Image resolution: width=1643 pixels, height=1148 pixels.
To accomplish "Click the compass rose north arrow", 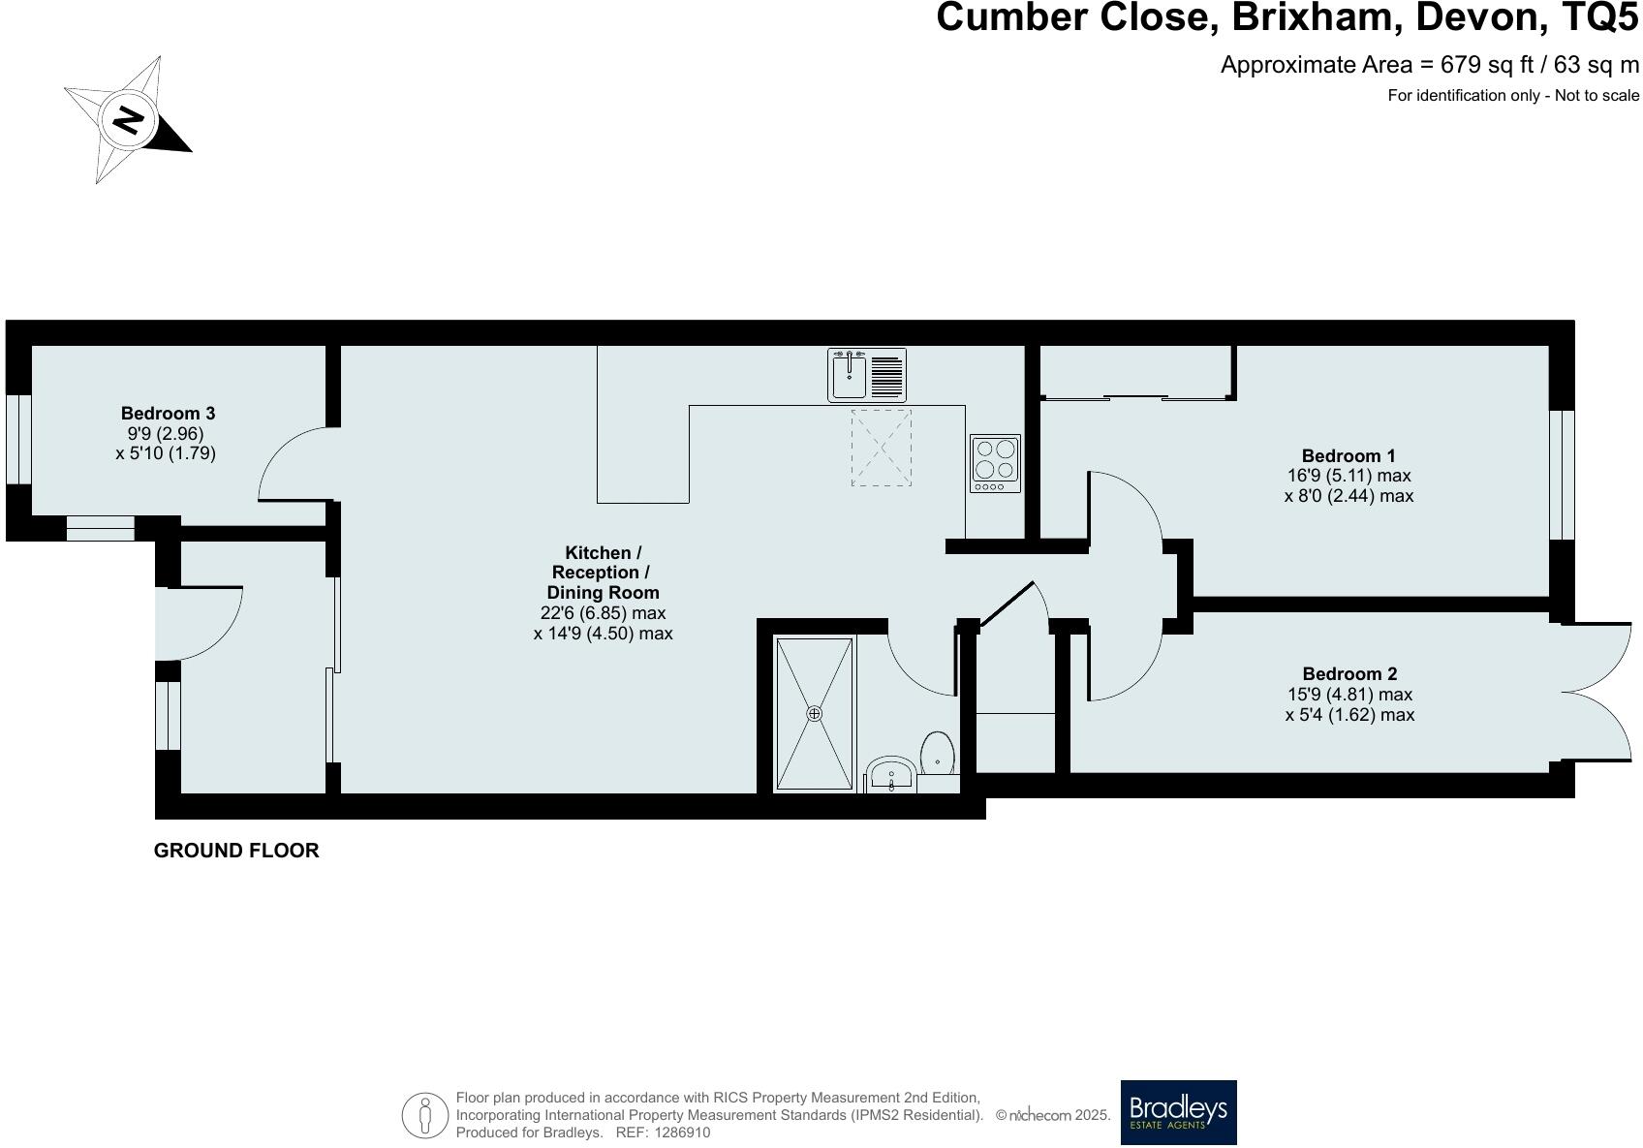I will point(129,120).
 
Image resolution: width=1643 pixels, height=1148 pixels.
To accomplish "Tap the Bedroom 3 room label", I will point(168,413).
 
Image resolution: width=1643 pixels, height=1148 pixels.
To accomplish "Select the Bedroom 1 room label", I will point(1348,455).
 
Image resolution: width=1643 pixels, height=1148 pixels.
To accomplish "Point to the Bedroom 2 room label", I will point(1349,673).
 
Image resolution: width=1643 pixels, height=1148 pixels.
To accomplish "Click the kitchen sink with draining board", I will point(867,375).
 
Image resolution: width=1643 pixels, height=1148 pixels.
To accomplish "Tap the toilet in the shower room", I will point(938,754).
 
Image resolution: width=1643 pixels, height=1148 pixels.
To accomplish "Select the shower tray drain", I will point(814,713).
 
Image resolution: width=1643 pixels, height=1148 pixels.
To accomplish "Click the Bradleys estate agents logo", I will point(1178,1112).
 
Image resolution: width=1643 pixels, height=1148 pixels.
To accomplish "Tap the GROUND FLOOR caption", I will point(236,851).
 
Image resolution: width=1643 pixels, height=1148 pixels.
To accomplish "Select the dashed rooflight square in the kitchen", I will point(881,448).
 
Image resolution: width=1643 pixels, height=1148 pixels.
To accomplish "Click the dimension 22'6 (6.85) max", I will point(603,613).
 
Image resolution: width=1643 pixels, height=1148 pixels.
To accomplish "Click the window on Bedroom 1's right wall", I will point(1561,474).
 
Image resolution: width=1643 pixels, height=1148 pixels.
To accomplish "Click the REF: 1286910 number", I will point(683,1132).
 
